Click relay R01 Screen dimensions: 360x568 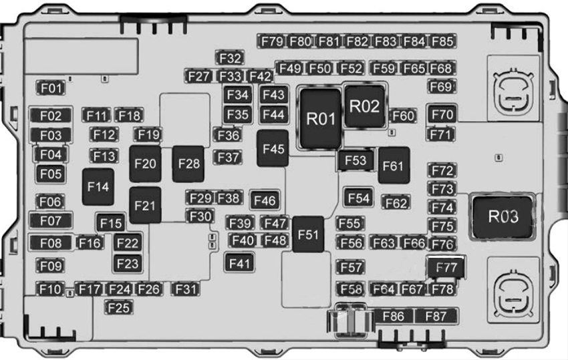321,119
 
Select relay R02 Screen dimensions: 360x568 364,106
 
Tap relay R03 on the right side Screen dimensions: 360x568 503,216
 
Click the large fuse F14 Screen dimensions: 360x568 98,187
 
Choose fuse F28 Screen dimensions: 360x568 189,164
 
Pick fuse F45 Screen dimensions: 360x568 273,149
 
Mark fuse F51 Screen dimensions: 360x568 308,234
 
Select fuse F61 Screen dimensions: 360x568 394,166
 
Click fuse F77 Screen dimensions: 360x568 446,268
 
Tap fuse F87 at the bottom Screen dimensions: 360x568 436,316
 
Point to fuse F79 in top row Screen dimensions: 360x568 272,41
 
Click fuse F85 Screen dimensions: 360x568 442,41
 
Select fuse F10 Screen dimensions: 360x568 50,289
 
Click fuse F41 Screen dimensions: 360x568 239,262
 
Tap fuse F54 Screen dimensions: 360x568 359,198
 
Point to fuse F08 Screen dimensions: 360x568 51,242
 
